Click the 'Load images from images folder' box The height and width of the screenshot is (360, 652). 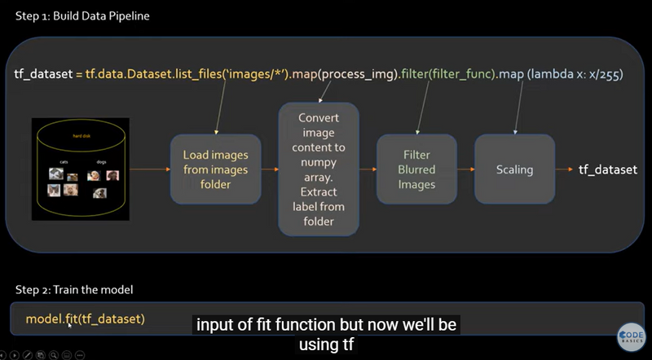(x=210, y=169)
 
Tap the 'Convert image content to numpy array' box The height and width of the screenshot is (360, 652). (x=318, y=169)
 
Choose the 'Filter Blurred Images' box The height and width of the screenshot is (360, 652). (x=416, y=169)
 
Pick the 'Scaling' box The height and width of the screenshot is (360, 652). (x=514, y=169)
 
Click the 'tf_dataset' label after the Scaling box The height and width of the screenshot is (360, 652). (x=608, y=169)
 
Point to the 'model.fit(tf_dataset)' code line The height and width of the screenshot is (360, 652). (x=85, y=318)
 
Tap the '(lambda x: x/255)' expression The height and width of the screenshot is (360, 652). (x=575, y=74)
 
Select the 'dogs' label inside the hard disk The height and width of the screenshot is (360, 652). (x=101, y=162)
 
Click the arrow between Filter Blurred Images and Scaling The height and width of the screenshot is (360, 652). (x=465, y=169)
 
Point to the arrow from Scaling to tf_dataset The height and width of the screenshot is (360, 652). (x=563, y=169)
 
